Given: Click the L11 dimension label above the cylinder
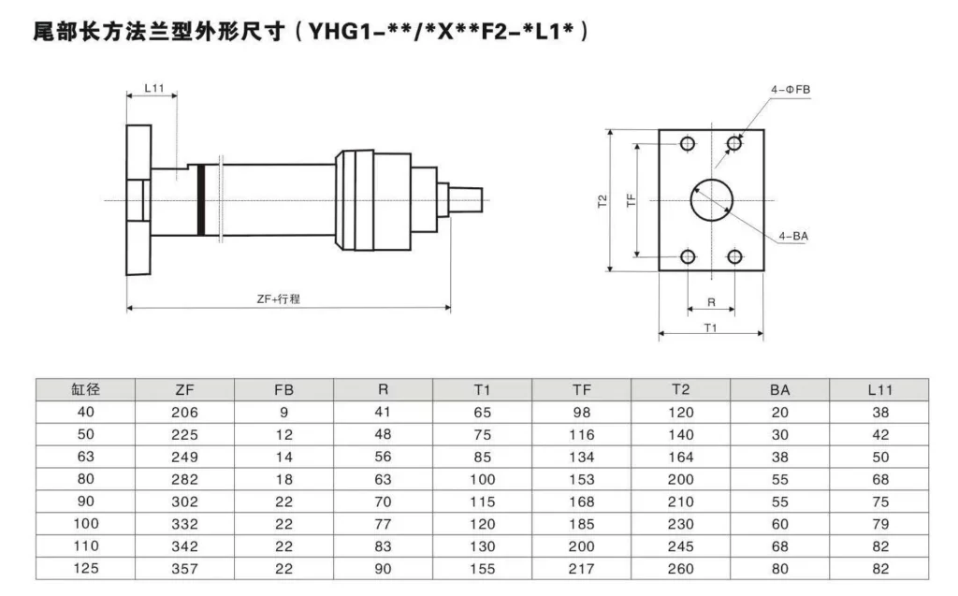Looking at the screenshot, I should [154, 89].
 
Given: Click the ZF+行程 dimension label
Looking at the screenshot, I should [284, 298].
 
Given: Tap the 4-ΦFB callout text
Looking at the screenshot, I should [791, 90].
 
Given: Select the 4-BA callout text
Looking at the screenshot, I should [792, 237].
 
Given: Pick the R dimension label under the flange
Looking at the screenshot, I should [711, 302].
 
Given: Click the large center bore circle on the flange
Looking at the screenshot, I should [713, 198].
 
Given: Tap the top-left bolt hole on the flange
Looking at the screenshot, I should [689, 144].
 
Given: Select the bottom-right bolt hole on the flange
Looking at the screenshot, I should [735, 256].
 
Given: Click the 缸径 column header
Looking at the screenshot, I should [85, 389].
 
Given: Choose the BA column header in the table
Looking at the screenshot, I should [779, 389].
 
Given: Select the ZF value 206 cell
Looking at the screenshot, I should [184, 412].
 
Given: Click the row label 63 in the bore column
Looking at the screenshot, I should [85, 457].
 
